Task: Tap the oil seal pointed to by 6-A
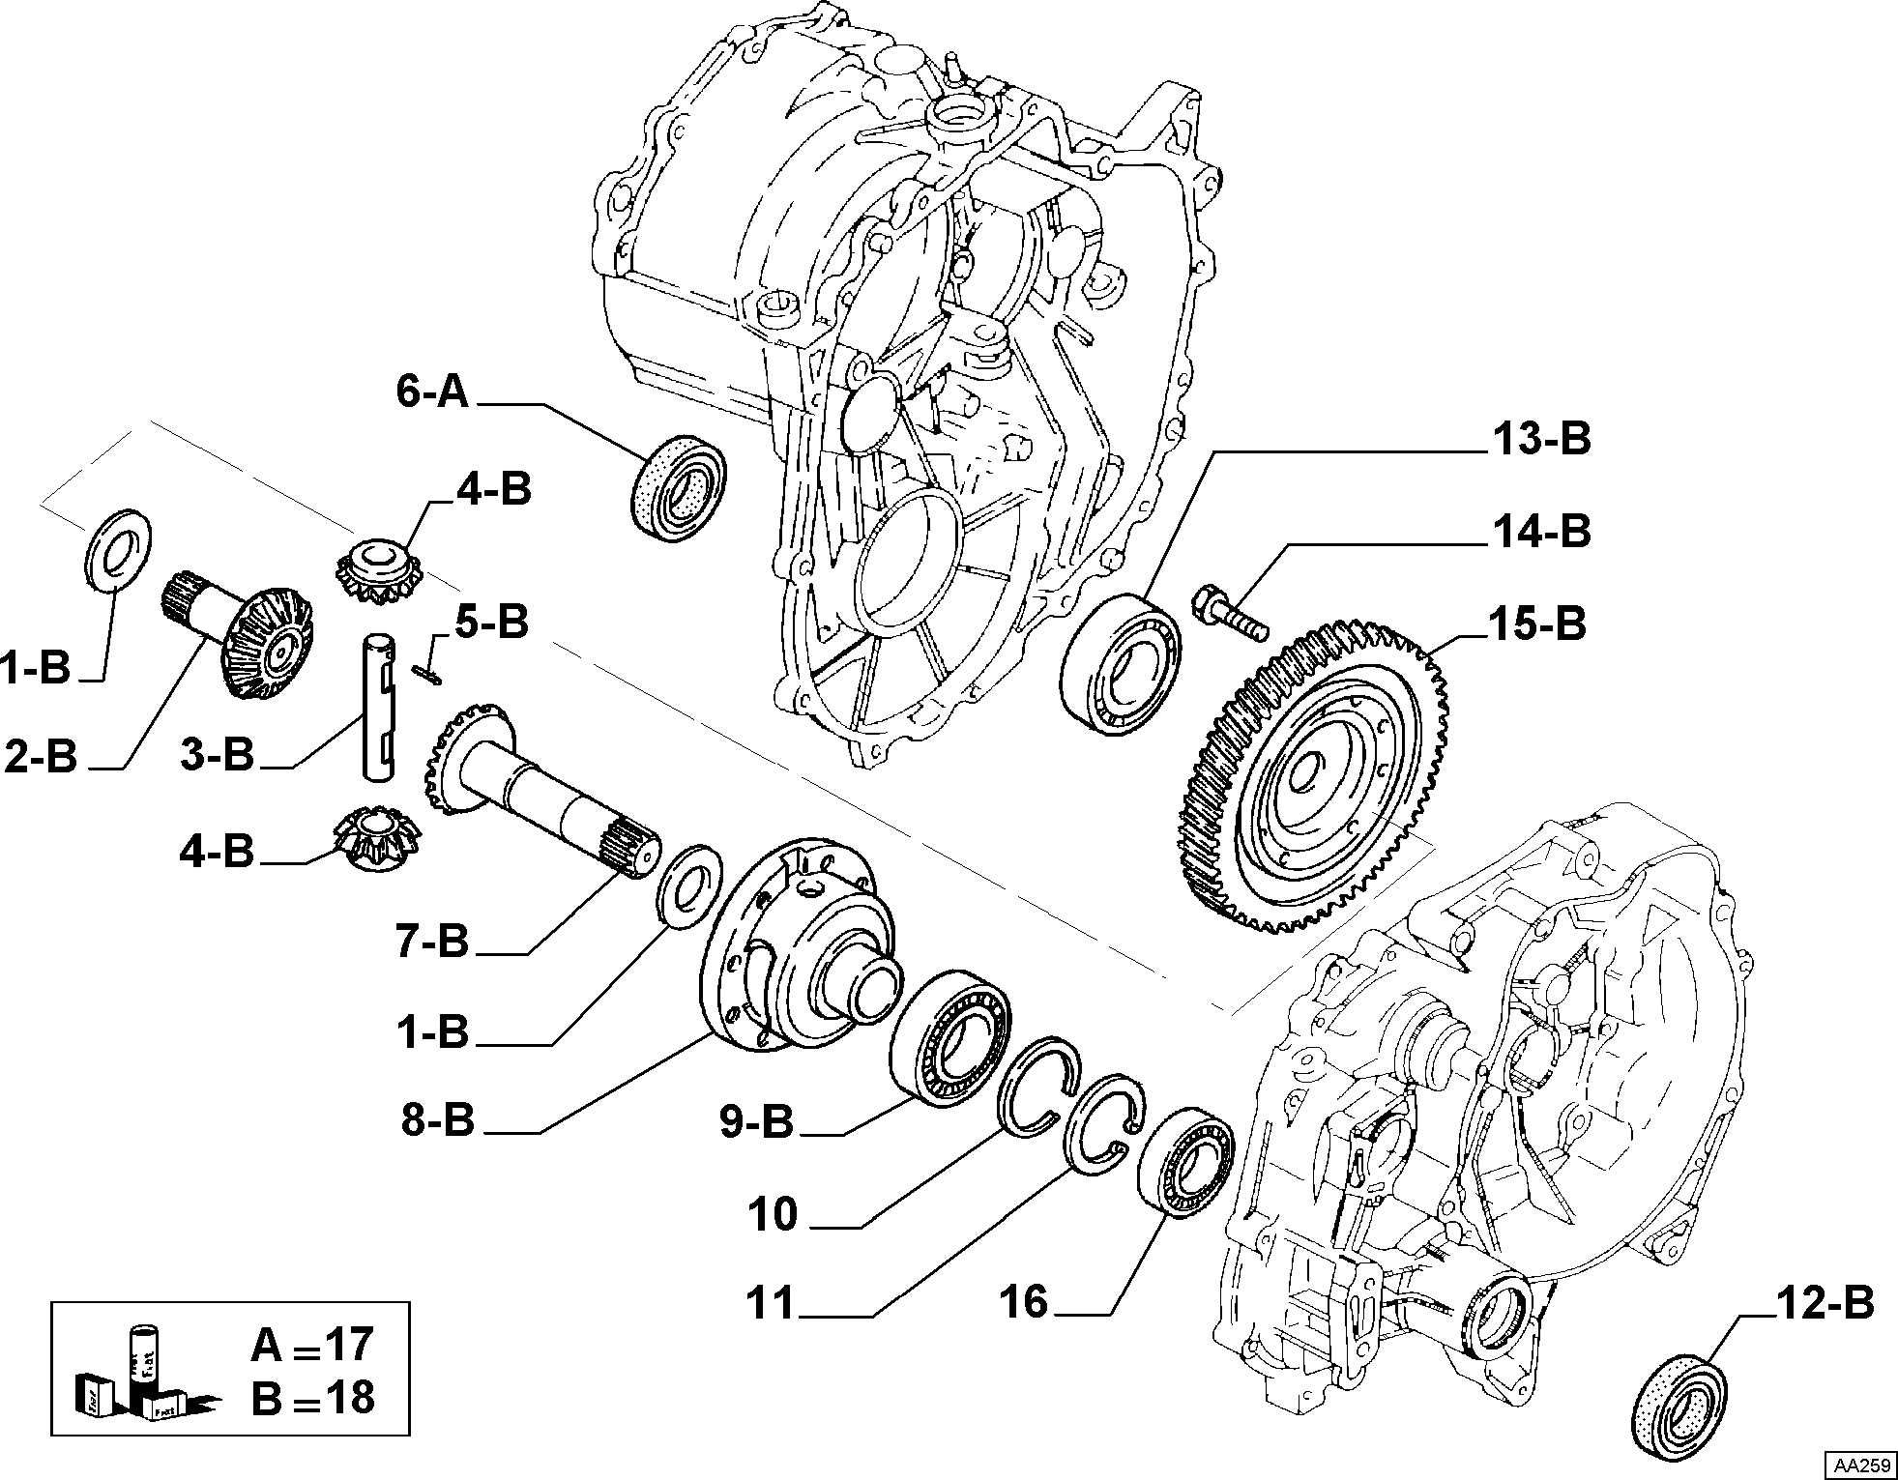680,485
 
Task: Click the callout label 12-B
1825,1304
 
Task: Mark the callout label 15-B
1537,624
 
